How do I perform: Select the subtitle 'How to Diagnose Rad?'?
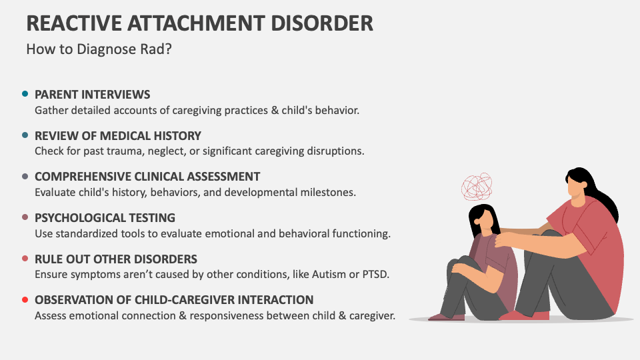click(x=99, y=49)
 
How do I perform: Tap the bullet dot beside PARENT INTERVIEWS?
click(x=25, y=94)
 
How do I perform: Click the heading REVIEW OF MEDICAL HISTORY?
click(x=117, y=135)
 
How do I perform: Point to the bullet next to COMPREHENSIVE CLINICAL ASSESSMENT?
click(x=25, y=177)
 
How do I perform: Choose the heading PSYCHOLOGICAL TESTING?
click(x=105, y=217)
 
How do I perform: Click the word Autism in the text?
click(x=307, y=275)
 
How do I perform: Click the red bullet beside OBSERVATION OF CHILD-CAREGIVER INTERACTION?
click(x=25, y=299)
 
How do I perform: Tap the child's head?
click(x=483, y=220)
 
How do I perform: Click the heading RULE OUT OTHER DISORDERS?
click(x=116, y=259)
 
